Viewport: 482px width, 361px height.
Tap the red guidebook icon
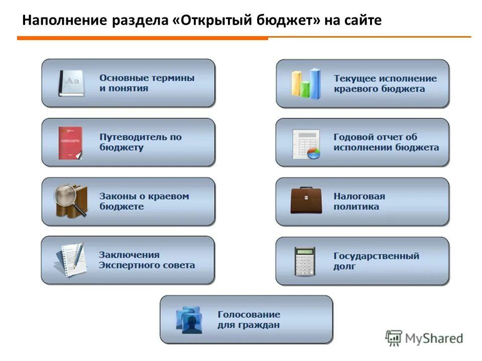tap(70, 142)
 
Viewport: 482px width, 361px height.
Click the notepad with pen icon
tap(69, 260)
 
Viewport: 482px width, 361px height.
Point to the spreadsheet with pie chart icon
tap(306, 144)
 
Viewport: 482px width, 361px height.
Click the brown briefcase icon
tap(306, 201)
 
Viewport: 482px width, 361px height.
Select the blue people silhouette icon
tap(189, 320)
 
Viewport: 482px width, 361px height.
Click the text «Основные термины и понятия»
tap(147, 83)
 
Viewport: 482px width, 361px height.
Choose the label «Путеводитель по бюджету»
tap(140, 142)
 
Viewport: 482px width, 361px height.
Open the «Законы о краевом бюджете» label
tap(144, 201)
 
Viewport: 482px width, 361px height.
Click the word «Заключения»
tap(129, 255)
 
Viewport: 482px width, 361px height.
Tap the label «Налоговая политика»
tap(359, 201)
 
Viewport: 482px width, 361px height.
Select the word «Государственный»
tap(376, 256)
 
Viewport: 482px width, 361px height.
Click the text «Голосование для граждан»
tap(249, 320)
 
